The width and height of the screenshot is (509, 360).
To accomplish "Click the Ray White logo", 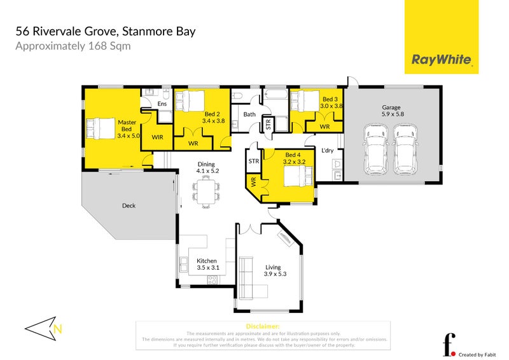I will (442, 60).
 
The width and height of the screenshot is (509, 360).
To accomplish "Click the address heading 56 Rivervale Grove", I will (105, 31).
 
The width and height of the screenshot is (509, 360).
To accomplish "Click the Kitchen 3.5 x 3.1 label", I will (207, 265).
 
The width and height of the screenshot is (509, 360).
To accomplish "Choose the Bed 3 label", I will (330, 103).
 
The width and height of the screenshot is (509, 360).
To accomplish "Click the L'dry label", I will (328, 151).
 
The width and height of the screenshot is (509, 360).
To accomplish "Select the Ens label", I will (162, 104).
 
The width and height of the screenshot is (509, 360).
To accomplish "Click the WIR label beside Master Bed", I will (157, 136).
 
